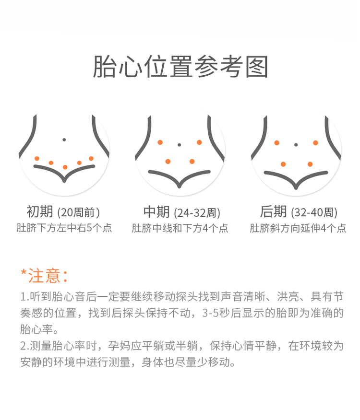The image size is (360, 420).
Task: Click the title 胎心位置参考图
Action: tap(180, 67)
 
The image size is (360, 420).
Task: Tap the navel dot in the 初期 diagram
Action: tap(64, 140)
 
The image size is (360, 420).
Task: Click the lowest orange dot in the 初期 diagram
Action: tap(65, 167)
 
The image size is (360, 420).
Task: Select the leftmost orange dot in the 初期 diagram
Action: tap(37, 159)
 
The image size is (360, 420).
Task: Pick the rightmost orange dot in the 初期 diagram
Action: tap(91, 159)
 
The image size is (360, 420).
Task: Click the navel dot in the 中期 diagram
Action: tap(179, 145)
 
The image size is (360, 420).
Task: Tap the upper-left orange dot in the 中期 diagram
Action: tap(160, 142)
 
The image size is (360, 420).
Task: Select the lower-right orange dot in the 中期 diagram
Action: tap(192, 161)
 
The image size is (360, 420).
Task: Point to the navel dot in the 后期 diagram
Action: tap(296, 145)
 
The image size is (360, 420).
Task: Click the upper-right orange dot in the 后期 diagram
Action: tap(315, 143)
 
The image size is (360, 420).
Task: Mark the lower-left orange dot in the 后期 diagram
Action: tap(283, 164)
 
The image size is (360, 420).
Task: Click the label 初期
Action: tap(40, 211)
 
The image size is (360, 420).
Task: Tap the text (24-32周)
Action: tap(197, 213)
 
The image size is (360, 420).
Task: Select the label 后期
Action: tap(273, 211)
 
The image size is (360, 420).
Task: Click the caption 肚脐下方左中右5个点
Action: tap(64, 228)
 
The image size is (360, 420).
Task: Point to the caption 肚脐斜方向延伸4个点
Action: tap(298, 228)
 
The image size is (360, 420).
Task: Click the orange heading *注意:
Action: tap(44, 276)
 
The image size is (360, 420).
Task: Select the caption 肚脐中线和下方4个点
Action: tap(180, 228)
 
